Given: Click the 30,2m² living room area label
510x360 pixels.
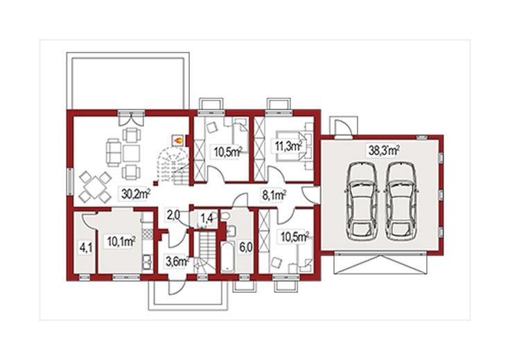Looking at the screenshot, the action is click(x=136, y=194).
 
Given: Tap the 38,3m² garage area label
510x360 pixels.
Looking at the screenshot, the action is click(x=384, y=150).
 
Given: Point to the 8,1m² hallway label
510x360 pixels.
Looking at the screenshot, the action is click(x=274, y=195).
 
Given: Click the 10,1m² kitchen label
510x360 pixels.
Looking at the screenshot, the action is click(x=121, y=242).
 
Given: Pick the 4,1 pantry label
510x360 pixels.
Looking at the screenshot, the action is click(x=86, y=249).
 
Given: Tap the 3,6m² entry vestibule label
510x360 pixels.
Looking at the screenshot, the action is click(x=177, y=261).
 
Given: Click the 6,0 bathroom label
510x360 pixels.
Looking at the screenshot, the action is click(x=246, y=248).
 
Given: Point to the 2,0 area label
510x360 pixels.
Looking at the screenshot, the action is click(x=173, y=215).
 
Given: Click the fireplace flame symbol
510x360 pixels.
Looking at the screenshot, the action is click(x=177, y=141).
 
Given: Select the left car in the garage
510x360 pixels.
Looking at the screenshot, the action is click(x=361, y=201).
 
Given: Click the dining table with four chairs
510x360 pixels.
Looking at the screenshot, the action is click(x=96, y=188).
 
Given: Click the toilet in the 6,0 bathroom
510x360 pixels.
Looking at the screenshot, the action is click(x=226, y=215).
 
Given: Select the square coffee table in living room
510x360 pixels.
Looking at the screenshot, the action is click(x=132, y=154).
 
